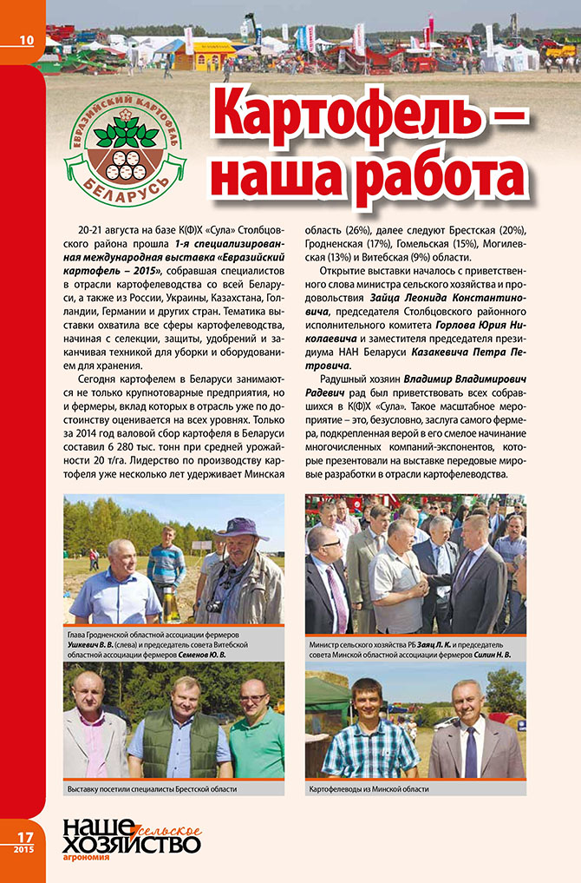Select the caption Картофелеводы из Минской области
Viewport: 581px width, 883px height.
click(369, 790)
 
